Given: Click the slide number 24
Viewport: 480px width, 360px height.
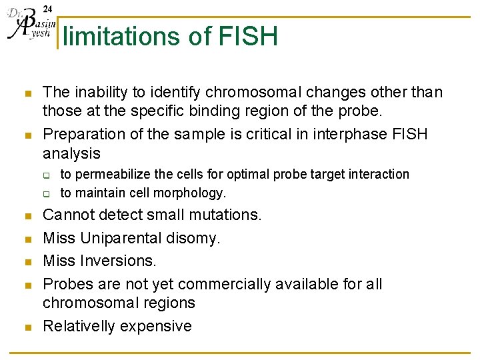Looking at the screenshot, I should pos(47,9).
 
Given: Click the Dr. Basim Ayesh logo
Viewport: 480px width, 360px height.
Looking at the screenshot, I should pos(28,25).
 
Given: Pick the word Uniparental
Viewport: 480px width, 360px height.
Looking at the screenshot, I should pos(125,238).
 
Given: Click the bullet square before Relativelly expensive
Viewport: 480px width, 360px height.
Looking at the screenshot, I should pos(26,327).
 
